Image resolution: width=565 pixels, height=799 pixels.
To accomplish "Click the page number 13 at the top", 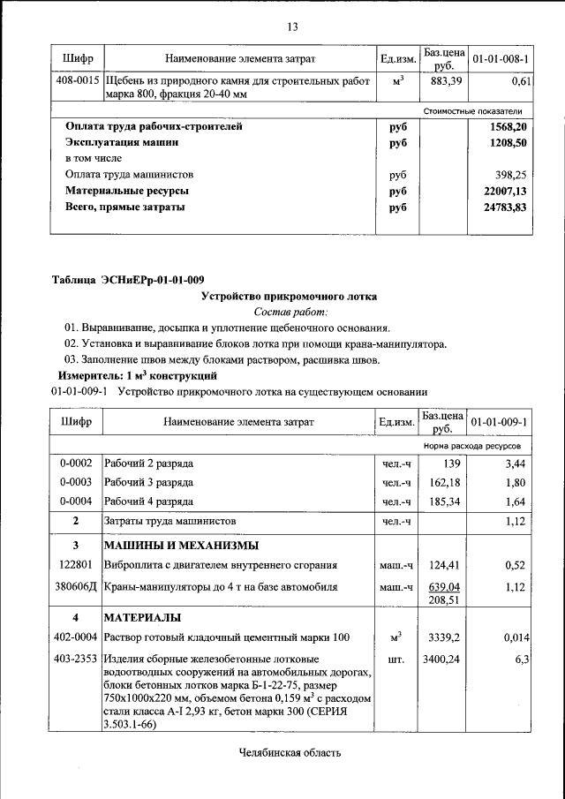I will point(292,26).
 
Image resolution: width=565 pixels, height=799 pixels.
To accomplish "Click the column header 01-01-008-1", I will point(501,58).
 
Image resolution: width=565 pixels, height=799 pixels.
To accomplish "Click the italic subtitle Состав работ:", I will point(291,312).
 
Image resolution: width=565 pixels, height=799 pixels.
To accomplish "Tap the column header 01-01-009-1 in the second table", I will point(501,422).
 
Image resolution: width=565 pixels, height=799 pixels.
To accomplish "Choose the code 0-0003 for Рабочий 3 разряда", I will point(76,482).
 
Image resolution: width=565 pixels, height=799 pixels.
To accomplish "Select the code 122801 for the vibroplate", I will point(76,565).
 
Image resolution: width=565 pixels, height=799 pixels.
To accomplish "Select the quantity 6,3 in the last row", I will point(519,659).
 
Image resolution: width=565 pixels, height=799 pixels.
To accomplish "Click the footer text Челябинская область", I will point(289,753).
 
